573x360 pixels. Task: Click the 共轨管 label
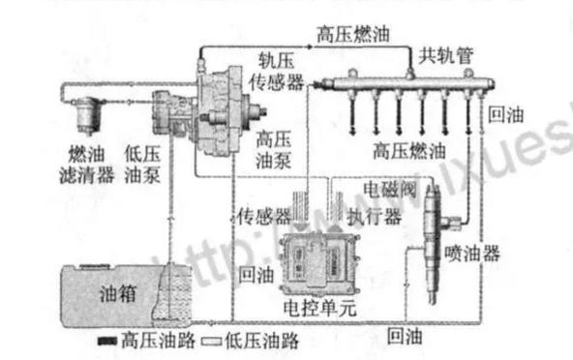point(445,55)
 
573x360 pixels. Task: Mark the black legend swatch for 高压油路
point(106,342)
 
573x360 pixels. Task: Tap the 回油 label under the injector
point(405,336)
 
